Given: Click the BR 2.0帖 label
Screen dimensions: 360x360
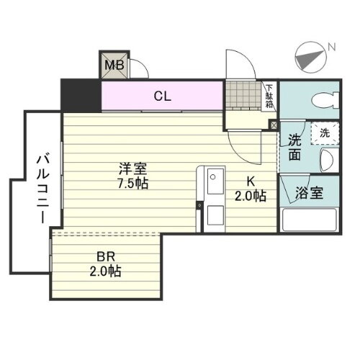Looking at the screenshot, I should tap(105, 264).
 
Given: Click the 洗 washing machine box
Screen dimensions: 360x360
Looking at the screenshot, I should tap(324, 132).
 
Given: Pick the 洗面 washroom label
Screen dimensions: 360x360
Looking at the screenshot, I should tap(294, 148).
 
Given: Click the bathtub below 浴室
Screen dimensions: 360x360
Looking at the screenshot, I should tap(310, 220).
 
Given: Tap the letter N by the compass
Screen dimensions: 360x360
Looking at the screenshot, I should tap(331, 48).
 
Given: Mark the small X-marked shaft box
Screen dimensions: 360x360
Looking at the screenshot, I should tap(274, 125).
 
